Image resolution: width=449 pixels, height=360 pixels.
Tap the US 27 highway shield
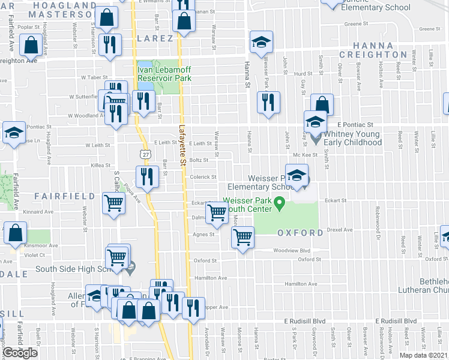146,155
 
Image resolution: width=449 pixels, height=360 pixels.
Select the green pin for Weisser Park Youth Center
279,205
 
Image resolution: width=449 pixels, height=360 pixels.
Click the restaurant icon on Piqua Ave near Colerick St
146,177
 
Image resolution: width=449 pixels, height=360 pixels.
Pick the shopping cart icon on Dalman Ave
217,212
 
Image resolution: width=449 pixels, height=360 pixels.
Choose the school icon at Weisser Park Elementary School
295,176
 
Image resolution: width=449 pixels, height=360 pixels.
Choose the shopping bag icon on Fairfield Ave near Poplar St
31,45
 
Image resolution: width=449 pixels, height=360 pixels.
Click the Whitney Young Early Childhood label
352,138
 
